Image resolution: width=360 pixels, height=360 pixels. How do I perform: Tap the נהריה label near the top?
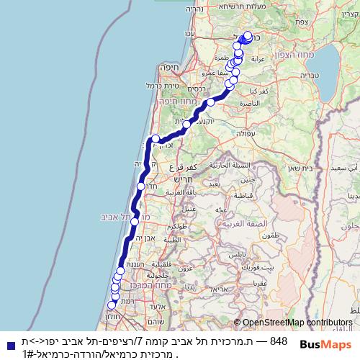(195, 9)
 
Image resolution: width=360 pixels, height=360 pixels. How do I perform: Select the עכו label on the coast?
(189, 34)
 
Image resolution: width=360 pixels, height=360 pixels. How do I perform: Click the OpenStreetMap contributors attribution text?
(297, 323)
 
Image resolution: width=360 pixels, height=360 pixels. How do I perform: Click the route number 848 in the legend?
(277, 341)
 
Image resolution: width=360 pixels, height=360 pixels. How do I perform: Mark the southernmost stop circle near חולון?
(111, 305)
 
